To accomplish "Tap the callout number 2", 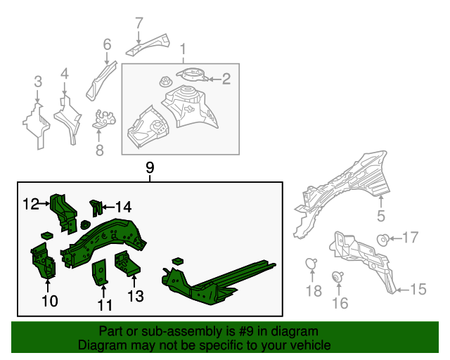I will (226, 79).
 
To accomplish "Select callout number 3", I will (39, 85).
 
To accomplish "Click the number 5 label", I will (381, 217).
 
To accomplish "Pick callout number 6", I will (107, 45).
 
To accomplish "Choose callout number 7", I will (139, 22).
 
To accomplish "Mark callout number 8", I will (99, 149).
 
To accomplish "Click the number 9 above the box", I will (149, 167).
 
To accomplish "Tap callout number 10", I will (49, 302).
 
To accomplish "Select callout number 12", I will (30, 204).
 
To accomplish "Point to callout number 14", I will (123, 207).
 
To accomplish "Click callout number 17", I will (410, 238).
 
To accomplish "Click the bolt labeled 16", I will (338, 276).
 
